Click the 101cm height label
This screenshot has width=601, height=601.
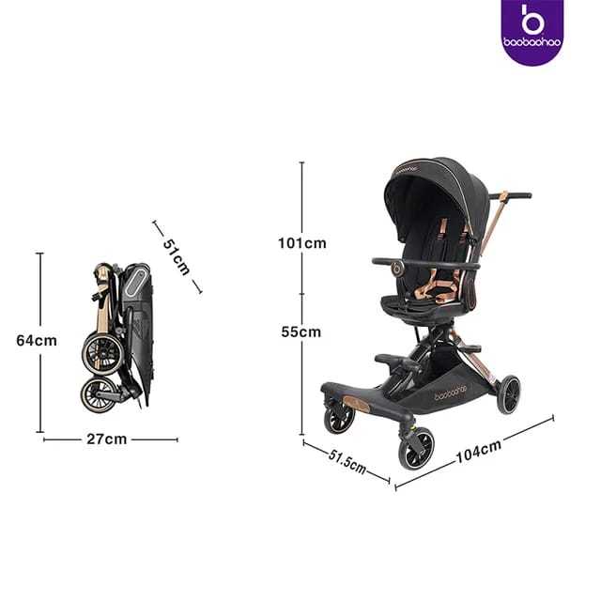(x=302, y=243)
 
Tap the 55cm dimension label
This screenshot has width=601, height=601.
(x=301, y=331)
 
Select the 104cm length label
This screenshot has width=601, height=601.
(x=478, y=452)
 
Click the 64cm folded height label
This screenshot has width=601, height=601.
(x=37, y=340)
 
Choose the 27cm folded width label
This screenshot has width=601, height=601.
(x=106, y=439)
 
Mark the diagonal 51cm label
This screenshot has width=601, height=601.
(x=177, y=256)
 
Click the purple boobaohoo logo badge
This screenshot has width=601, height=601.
(x=532, y=31)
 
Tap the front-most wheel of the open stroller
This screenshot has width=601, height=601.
(x=416, y=448)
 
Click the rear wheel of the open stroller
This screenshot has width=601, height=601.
(x=508, y=394)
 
